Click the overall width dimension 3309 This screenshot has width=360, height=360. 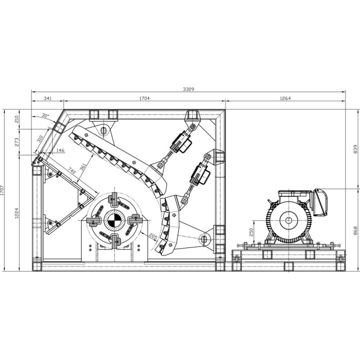pyautogui.click(x=188, y=89)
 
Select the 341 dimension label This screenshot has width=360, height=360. pyautogui.click(x=48, y=98)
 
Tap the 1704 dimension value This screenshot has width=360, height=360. pyautogui.click(x=144, y=98)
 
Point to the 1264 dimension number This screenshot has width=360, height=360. pyautogui.click(x=285, y=98)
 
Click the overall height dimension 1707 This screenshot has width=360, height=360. pyautogui.click(x=2, y=190)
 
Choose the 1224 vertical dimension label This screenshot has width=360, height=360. pyautogui.click(x=16, y=213)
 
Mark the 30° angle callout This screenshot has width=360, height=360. pyautogui.click(x=45, y=115)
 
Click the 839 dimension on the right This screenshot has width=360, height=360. pyautogui.click(x=355, y=149)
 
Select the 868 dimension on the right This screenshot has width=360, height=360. pyautogui.click(x=355, y=230)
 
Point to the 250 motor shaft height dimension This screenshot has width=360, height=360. pyautogui.click(x=251, y=232)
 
